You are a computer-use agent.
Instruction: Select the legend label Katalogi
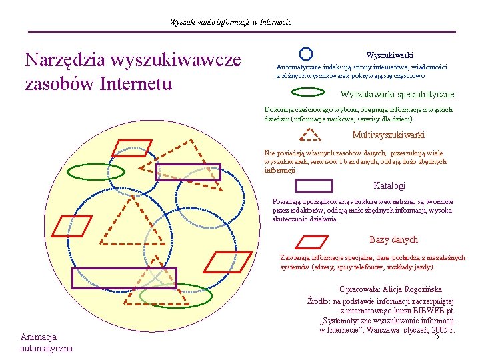coord(389,186)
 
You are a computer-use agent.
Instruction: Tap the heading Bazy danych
coord(393,240)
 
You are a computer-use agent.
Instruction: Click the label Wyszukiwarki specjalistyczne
coord(397,95)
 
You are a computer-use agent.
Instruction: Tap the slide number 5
coord(437,336)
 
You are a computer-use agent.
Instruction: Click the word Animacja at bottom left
coord(39,337)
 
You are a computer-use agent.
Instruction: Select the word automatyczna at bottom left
coord(47,348)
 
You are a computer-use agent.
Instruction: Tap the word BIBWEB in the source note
coord(429,310)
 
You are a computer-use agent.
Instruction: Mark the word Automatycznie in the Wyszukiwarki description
coord(299,67)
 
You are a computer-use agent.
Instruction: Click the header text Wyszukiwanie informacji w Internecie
coord(231,22)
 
